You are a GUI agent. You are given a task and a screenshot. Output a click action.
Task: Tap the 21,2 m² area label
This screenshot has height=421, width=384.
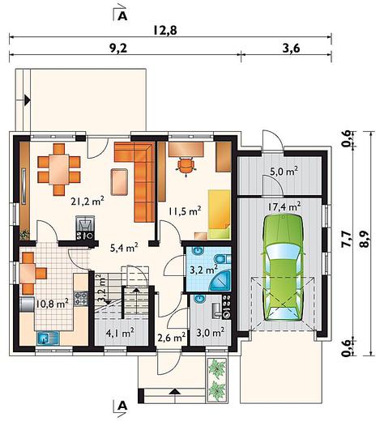pos(87,202)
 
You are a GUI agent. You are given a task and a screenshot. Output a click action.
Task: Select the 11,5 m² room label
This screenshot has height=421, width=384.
pos(185,211)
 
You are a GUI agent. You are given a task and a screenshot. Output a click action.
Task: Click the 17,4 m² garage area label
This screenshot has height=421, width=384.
pos(284,206)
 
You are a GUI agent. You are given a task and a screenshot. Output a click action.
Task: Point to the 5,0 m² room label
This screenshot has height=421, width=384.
pos(284,172)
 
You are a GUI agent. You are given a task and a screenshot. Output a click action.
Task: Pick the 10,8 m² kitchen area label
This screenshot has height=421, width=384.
pos(52,304)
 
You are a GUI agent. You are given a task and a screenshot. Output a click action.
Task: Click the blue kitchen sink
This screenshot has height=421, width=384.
pos(48,338)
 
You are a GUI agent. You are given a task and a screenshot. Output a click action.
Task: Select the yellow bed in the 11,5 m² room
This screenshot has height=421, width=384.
pos(219,215)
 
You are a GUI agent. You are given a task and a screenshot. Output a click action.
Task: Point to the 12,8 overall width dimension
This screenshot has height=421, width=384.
pos(165,30)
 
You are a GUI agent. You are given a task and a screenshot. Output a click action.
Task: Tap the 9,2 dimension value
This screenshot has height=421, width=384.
pos(118,49)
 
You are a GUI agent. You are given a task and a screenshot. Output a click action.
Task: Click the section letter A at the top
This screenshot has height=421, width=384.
pos(122,16)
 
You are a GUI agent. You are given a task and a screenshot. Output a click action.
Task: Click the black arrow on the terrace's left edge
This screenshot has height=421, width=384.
pos(28,100)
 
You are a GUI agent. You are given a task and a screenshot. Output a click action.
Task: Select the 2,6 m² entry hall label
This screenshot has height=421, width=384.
pos(172,337)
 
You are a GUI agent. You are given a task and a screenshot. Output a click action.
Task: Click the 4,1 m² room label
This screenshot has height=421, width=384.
pos(120,334)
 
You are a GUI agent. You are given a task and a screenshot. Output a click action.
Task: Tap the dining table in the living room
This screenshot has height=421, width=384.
pos(59,169)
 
